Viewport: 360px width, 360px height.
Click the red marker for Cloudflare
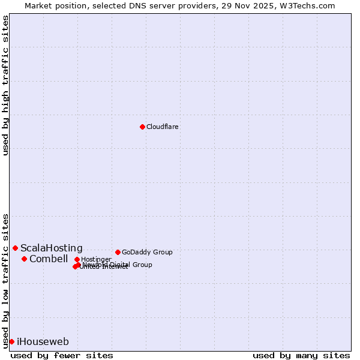(x=142, y=127)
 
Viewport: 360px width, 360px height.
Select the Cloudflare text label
(x=163, y=127)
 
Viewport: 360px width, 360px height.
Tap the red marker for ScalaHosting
(x=15, y=248)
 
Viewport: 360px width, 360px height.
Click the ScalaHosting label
(x=52, y=248)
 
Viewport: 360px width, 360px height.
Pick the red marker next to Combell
(x=24, y=259)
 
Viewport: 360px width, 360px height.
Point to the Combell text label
(x=49, y=259)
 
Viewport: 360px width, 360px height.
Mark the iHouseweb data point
(x=11, y=341)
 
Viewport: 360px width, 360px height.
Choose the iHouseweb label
(x=43, y=342)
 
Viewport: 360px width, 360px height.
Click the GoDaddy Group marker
(x=118, y=252)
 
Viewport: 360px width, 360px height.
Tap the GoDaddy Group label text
(x=147, y=253)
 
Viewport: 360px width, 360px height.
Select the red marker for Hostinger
(x=77, y=259)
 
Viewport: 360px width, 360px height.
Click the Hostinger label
(x=96, y=260)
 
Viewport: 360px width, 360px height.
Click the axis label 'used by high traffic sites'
(x=6, y=85)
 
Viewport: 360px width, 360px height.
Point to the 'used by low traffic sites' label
(x=6, y=281)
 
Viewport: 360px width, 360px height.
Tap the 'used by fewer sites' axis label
(x=62, y=356)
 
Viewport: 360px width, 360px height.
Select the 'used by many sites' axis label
(x=301, y=356)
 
